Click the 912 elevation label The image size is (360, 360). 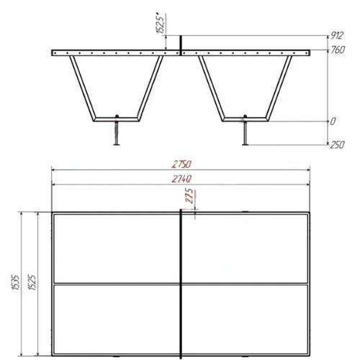337,36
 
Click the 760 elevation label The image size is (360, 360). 338,50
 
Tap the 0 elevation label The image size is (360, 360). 333,122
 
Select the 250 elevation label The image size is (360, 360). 337,145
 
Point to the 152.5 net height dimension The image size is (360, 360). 161,24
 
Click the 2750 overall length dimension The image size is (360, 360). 181,164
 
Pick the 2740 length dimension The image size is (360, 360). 181,179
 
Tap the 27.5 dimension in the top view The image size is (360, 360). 190,196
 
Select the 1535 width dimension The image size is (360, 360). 16,284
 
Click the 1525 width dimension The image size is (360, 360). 32,282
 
